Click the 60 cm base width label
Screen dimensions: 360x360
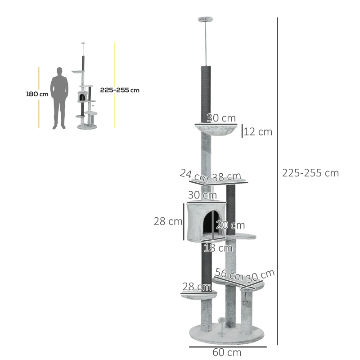[228, 352]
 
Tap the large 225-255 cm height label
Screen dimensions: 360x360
[310, 173]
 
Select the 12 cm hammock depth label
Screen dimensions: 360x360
[258, 132]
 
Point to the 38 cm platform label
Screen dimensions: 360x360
[226, 176]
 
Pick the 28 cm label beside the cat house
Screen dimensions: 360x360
[168, 221]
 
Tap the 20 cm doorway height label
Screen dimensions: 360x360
[230, 225]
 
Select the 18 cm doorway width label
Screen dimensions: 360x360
[218, 247]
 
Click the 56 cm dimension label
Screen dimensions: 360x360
[229, 274]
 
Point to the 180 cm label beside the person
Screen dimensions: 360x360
[37, 94]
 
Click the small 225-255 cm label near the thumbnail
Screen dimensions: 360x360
[120, 90]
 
